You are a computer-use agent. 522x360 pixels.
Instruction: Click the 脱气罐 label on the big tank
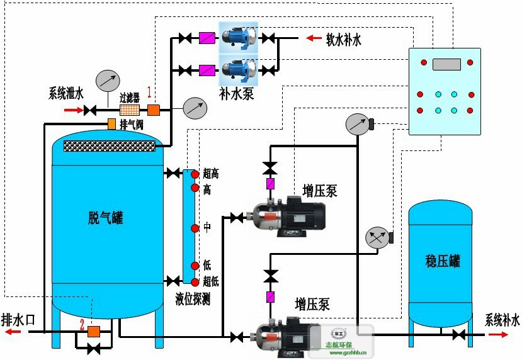pos(105,218)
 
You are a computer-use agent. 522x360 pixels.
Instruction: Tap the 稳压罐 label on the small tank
pos(442,261)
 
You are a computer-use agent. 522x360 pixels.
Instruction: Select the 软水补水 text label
pos(343,40)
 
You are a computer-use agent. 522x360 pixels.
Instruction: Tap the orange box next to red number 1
pos(153,110)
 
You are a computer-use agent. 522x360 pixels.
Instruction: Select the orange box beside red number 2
pos(94,331)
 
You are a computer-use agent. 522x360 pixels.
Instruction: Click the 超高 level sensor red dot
pos(195,174)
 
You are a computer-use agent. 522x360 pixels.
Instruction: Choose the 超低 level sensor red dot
pos(195,282)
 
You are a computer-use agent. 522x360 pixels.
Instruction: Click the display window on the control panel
pos(446,64)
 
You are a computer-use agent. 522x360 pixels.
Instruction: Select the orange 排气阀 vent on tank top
pos(111,124)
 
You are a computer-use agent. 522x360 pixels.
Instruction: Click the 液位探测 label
pos(193,300)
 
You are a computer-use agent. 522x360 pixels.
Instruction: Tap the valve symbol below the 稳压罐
pos(458,335)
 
